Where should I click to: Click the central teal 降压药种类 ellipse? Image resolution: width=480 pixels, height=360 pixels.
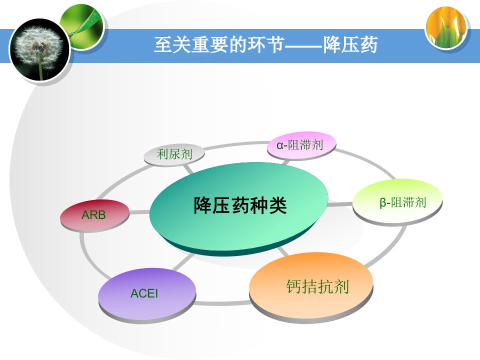click(x=238, y=208)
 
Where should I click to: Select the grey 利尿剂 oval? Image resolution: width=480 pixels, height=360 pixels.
click(x=174, y=154)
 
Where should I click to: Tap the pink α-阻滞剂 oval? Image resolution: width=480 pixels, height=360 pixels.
click(x=301, y=145)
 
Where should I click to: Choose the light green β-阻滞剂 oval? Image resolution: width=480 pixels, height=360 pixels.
click(x=397, y=202)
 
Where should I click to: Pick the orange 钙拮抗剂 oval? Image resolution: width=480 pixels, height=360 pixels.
click(x=311, y=287)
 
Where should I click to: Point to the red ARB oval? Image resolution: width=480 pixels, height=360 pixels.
click(x=95, y=215)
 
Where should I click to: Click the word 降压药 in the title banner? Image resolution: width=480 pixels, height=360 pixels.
click(x=350, y=45)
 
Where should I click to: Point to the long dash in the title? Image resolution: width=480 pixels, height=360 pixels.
click(x=303, y=46)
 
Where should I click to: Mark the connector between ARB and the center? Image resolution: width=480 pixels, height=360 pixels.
click(x=139, y=212)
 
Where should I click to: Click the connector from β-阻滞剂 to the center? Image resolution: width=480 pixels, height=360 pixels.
click(x=340, y=204)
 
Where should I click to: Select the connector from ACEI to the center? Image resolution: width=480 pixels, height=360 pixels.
click(x=183, y=262)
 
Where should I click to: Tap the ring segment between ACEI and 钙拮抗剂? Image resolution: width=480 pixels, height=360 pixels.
click(x=222, y=303)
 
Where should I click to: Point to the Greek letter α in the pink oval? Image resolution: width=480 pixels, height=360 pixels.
click(x=280, y=145)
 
